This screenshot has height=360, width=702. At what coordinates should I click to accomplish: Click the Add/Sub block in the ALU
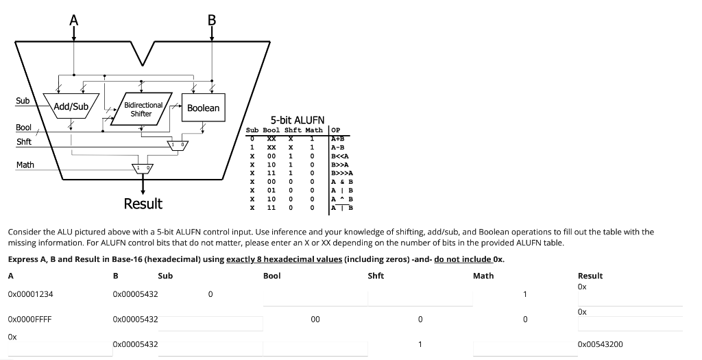[x=71, y=106]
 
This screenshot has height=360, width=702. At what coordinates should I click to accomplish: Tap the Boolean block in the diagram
[x=203, y=108]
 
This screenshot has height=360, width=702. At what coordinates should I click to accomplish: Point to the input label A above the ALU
[x=73, y=20]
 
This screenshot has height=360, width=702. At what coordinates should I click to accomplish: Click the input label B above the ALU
[x=212, y=20]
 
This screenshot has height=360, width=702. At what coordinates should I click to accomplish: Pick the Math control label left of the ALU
[x=25, y=165]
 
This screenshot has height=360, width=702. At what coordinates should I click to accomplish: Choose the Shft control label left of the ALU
[x=24, y=142]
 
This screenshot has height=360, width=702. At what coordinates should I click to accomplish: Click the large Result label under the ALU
[x=143, y=204]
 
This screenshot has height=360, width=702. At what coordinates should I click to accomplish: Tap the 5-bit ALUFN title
[x=293, y=119]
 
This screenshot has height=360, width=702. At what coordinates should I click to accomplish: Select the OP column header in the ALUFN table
[x=336, y=130]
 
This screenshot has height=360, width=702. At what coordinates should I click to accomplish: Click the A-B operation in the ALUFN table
[x=338, y=147]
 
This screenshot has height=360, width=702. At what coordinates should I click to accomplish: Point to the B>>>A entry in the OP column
[x=341, y=173]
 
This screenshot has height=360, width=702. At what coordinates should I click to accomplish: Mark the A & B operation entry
[x=341, y=182]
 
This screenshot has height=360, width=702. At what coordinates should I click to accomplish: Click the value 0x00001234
[x=31, y=294]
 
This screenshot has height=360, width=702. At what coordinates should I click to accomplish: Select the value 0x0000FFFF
[x=30, y=320]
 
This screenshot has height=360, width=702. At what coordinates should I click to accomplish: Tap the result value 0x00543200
[x=601, y=344]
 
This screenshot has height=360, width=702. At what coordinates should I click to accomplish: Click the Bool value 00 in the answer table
[x=315, y=320]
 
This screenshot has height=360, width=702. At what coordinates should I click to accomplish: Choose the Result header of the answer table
[x=590, y=276]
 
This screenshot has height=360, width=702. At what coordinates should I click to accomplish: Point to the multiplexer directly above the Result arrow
[x=143, y=167]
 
